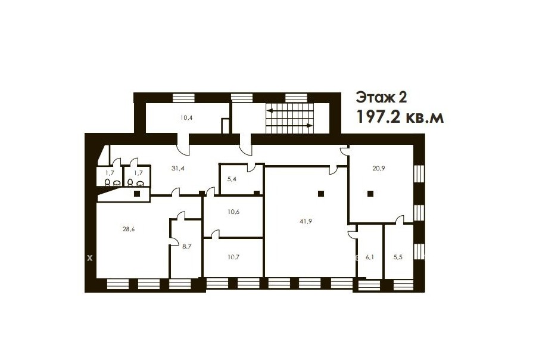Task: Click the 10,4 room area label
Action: pos(186,118)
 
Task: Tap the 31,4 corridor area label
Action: pos(178,168)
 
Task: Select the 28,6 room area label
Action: pos(129,229)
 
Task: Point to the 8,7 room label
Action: pos(186,246)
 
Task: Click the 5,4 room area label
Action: pos(232,179)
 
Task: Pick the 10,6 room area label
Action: pos(233,212)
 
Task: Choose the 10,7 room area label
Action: pos(233,257)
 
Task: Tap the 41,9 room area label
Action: pos(306,221)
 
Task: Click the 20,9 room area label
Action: pos(378,168)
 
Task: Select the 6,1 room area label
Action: pos(369,257)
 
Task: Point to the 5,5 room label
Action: pos(398,257)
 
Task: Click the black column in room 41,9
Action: pos(320,194)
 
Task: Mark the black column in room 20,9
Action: pos(370,194)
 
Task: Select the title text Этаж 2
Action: pos(382,98)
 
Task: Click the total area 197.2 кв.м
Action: pos(400,117)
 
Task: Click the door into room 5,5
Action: pos(400,220)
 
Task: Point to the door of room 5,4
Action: pos(251,167)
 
